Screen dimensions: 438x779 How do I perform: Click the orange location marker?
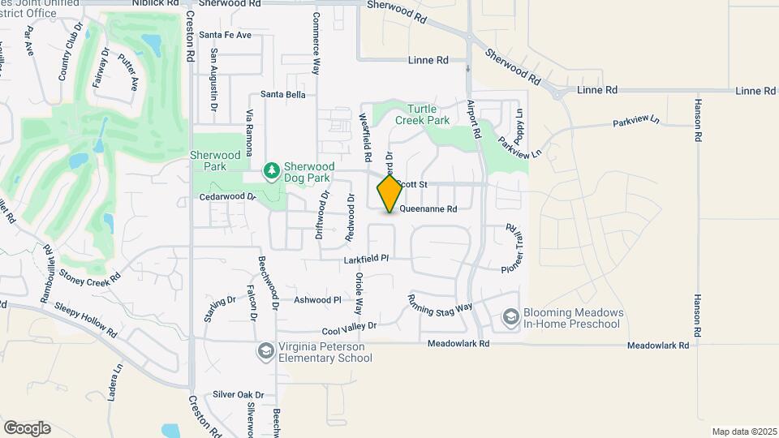(x=389, y=194)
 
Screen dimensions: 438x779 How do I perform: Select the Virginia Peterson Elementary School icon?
(x=265, y=351)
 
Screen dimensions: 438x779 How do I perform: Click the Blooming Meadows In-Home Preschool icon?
(x=510, y=317)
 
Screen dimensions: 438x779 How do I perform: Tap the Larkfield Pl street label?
(x=367, y=260)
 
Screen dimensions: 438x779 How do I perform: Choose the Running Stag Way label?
(x=441, y=302)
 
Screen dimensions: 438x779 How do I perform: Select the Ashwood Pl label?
(x=317, y=300)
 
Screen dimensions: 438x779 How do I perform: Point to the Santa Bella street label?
(x=283, y=95)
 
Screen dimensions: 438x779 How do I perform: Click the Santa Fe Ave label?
(x=225, y=35)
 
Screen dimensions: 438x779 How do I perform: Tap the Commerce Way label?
(x=316, y=44)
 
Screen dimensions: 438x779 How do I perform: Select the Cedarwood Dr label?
(x=228, y=196)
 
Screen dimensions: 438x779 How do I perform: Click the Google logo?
(x=27, y=427)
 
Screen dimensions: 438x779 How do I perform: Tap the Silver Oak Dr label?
(x=234, y=394)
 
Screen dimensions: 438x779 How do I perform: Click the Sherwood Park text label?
(x=215, y=160)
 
